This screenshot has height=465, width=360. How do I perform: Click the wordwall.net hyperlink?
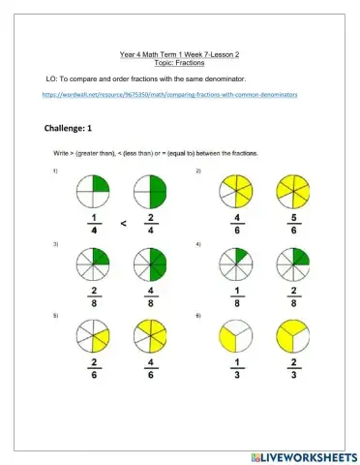point(169,95)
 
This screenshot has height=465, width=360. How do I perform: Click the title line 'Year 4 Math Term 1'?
point(180,55)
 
